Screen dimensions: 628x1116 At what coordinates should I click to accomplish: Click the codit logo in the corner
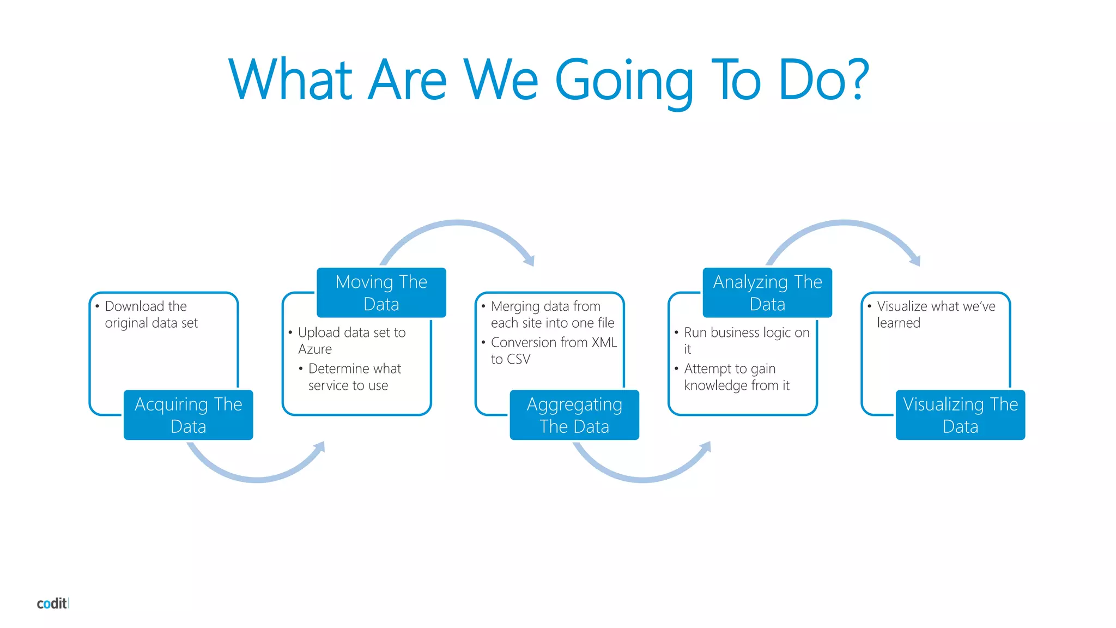[52, 603]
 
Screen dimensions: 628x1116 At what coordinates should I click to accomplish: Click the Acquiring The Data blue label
[188, 415]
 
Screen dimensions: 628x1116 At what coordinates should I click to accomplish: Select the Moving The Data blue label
[381, 293]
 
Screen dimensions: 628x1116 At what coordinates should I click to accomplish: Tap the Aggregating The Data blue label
[574, 415]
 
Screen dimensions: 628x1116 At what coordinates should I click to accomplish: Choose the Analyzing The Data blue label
[767, 293]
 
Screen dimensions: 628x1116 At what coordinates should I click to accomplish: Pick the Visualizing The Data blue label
[960, 415]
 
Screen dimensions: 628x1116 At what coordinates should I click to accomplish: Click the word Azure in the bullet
[315, 349]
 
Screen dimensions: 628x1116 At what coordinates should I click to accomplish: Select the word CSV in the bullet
[518, 359]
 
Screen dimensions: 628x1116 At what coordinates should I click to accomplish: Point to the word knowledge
[715, 386]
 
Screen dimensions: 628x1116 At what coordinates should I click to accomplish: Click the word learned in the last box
[898, 323]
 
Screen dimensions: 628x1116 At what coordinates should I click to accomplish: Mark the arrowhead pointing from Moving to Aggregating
[530, 261]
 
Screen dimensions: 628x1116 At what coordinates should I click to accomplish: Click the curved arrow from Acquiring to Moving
[256, 478]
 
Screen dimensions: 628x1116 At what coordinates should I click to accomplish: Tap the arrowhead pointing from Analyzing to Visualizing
[915, 261]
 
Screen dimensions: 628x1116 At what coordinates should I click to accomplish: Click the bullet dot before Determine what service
[301, 369]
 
